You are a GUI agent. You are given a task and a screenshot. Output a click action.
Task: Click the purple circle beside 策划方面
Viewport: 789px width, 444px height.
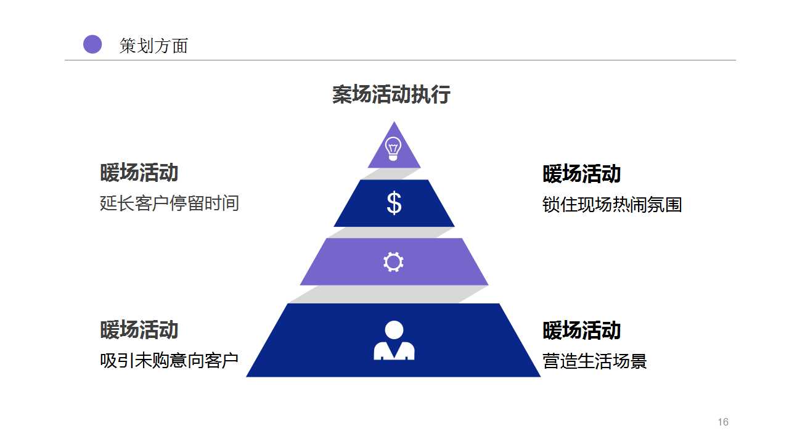click(x=92, y=44)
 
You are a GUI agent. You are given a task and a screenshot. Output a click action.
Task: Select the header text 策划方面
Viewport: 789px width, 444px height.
click(x=153, y=46)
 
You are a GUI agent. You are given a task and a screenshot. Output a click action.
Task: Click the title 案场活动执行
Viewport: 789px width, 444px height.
click(x=391, y=95)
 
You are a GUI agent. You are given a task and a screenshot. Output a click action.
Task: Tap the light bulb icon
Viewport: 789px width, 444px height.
click(x=393, y=149)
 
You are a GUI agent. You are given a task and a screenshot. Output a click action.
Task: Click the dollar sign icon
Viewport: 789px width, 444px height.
click(x=394, y=203)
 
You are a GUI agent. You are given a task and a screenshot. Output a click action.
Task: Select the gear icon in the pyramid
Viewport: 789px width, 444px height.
click(x=393, y=262)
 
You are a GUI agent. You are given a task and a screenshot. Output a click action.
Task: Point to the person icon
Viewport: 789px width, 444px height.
click(x=394, y=340)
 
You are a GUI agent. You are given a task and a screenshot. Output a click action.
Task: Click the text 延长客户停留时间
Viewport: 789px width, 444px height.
click(x=170, y=203)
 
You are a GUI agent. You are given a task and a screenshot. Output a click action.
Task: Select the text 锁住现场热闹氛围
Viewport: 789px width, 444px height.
click(x=612, y=204)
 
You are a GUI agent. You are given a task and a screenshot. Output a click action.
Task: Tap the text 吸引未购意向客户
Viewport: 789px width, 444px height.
click(x=170, y=360)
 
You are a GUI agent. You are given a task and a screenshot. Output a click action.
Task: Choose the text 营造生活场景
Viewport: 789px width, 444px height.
click(x=595, y=361)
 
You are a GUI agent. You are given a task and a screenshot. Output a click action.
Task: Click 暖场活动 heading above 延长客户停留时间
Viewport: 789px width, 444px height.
click(x=139, y=173)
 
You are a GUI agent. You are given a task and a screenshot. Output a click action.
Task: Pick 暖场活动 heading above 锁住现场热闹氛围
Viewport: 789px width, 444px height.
click(x=582, y=174)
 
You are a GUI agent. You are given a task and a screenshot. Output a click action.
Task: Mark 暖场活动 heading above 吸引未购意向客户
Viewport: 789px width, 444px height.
click(x=139, y=330)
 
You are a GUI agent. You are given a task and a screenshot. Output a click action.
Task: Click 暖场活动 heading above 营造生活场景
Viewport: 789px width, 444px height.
click(x=582, y=331)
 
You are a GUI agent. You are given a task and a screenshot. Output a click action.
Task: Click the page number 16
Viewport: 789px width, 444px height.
click(x=723, y=422)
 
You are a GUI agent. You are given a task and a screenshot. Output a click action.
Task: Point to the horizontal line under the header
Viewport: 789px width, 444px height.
click(x=400, y=60)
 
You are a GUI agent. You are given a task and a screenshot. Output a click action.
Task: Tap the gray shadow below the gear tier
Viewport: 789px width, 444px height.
click(x=382, y=294)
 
